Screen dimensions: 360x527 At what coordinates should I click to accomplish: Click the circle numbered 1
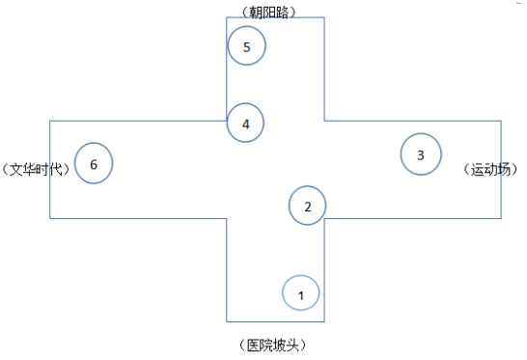click(301, 292)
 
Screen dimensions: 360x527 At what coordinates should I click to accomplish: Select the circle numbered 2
click(308, 205)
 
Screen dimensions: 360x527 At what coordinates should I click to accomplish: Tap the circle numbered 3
click(421, 154)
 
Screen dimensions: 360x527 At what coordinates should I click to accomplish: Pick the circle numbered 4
click(246, 124)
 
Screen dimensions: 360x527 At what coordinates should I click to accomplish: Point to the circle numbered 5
click(247, 46)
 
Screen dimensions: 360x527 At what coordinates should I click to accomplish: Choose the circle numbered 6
click(94, 163)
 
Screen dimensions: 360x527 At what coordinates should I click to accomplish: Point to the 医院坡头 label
click(276, 345)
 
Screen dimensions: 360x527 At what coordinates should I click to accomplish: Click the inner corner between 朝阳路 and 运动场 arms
click(324, 121)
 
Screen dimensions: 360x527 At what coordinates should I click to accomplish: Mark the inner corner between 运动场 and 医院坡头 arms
click(324, 218)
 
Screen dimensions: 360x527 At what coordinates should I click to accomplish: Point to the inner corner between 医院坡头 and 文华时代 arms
click(227, 218)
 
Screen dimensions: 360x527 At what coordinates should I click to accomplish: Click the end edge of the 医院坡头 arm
click(275, 321)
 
